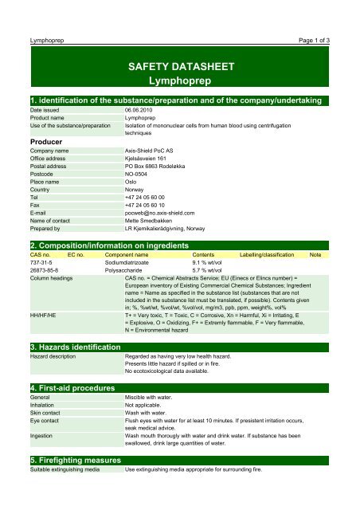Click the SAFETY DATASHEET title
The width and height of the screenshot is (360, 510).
(179, 66)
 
